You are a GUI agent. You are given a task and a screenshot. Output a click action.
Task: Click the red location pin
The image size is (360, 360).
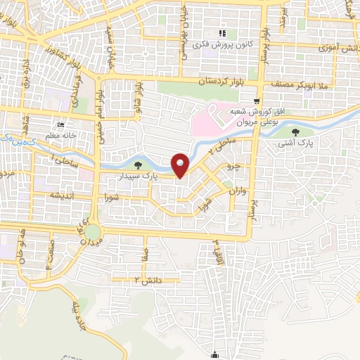181,165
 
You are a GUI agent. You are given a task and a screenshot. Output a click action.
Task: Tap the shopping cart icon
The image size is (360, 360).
259,101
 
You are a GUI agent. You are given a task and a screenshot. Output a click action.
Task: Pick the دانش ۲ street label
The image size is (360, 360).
148,280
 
